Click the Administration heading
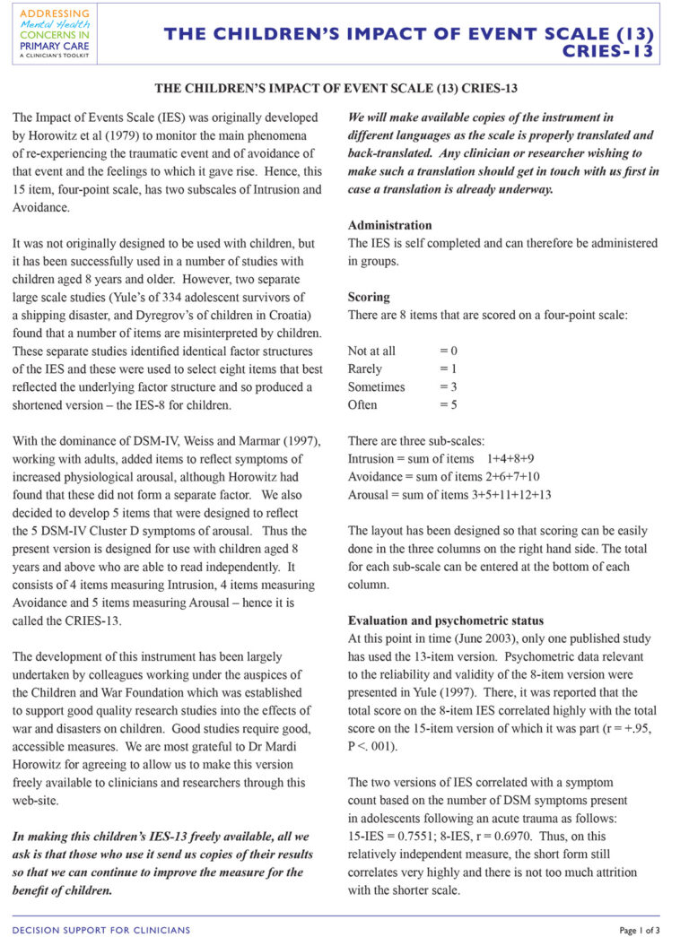[389, 225]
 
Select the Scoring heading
[369, 297]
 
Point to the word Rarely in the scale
[365, 369]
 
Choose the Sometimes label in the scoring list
[376, 386]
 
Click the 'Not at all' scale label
[371, 351]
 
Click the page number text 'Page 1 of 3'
[640, 929]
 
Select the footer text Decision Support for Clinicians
[101, 929]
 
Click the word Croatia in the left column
[289, 315]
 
